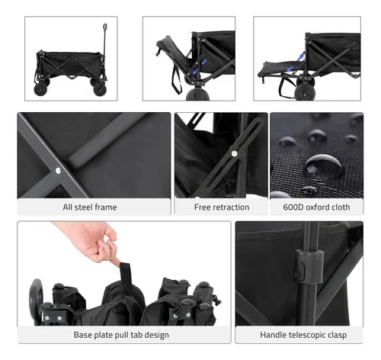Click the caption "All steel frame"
pos(90,207)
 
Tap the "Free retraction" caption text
pos(222,207)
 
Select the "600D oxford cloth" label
pos(316,207)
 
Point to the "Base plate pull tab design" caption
pos(121,335)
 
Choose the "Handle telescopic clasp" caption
pos(303,335)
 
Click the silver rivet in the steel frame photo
pos(58,171)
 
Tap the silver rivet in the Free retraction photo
pos(235,153)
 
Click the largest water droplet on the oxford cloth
pos(323,166)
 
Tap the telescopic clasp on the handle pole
pos(308,266)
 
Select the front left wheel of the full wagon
pos(40,89)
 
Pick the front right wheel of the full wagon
pos(100,89)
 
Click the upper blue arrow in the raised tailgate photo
pos(203,63)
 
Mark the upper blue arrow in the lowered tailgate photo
pos(301,56)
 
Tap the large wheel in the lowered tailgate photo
pos(305,92)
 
